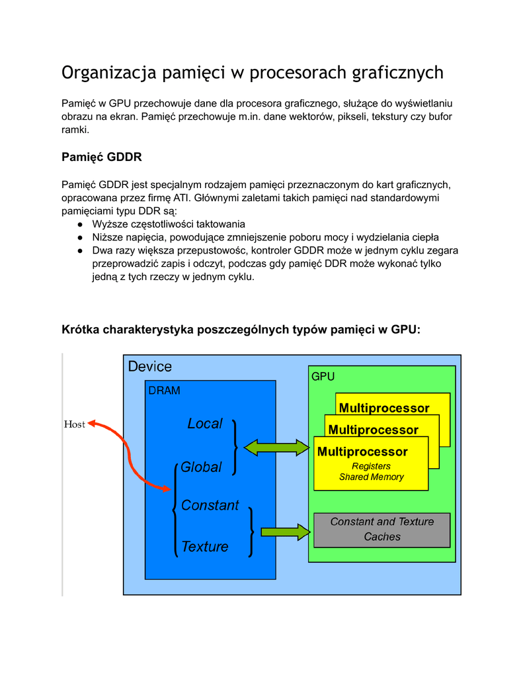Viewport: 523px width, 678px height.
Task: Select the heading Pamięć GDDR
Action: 101,158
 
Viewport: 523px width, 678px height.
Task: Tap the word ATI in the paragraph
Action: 181,198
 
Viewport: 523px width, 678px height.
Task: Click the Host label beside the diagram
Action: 74,424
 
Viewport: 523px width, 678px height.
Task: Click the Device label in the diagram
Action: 149,366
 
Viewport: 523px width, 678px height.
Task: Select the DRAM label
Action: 164,391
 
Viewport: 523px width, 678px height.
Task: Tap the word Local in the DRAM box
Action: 205,424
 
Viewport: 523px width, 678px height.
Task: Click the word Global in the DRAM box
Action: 201,467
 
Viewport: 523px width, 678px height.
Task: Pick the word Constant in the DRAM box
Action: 210,506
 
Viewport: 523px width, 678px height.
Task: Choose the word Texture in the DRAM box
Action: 205,547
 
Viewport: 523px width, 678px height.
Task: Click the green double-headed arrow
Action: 276,448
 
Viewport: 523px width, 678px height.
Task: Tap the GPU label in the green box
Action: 323,377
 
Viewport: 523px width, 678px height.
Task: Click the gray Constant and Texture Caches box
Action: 382,530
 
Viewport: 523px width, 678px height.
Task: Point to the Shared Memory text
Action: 371,477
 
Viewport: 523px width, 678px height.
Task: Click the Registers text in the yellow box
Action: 371,466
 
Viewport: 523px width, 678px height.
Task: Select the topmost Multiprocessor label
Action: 384,408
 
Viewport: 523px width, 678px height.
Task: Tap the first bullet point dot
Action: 79,224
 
